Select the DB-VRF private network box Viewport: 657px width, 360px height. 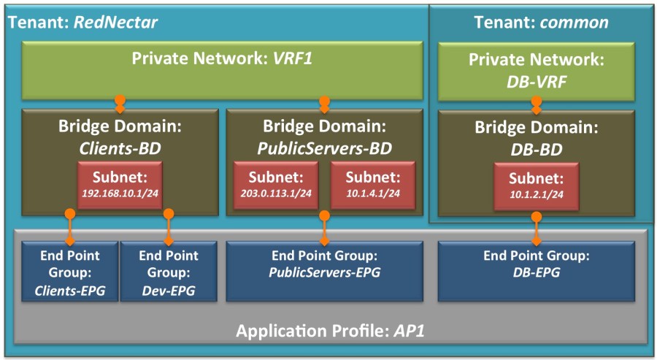point(537,70)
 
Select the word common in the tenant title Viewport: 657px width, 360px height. point(574,22)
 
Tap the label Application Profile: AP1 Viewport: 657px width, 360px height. point(330,331)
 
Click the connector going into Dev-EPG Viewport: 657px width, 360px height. point(169,227)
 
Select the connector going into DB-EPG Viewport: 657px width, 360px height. point(537,227)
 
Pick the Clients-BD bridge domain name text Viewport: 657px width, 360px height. point(120,148)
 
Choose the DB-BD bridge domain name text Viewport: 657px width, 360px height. point(537,148)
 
